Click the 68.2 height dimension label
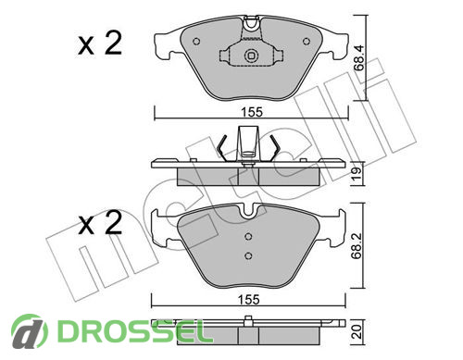click(x=357, y=246)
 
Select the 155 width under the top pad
click(x=252, y=112)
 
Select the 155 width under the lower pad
click(x=249, y=300)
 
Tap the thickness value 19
click(x=357, y=173)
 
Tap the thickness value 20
click(x=357, y=331)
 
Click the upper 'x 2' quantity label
click(x=100, y=43)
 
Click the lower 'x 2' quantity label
click(x=100, y=223)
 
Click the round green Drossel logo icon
click(x=30, y=330)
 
